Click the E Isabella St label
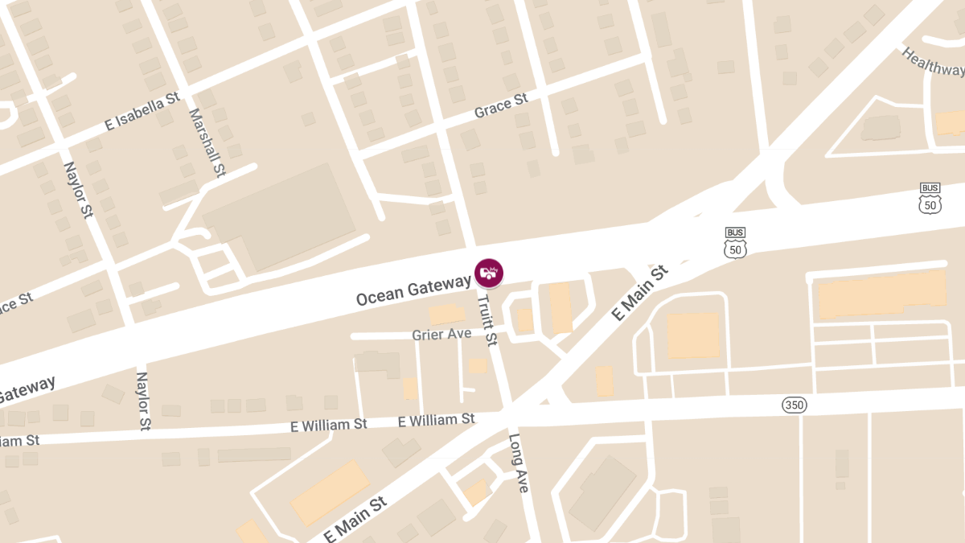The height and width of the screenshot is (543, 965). click(x=142, y=113)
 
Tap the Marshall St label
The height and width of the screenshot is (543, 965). click(x=207, y=142)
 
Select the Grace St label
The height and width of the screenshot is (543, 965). click(x=500, y=105)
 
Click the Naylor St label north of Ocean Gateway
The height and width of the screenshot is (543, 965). click(x=79, y=190)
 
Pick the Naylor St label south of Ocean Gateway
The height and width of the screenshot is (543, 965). click(x=143, y=400)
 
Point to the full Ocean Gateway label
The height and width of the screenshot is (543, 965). click(x=413, y=290)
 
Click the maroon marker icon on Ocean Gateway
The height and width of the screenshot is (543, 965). click(x=488, y=273)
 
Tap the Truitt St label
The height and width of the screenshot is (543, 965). click(x=487, y=319)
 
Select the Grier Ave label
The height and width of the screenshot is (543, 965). click(x=441, y=334)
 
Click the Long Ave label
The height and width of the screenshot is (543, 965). click(x=519, y=464)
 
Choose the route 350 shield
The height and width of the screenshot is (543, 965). click(x=794, y=405)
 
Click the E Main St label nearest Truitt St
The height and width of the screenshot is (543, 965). click(x=640, y=294)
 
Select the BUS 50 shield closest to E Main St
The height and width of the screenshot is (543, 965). click(x=735, y=243)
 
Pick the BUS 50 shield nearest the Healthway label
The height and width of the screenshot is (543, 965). click(x=930, y=199)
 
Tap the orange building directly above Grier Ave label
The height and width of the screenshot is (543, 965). click(x=446, y=315)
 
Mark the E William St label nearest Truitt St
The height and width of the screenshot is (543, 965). click(x=436, y=420)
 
